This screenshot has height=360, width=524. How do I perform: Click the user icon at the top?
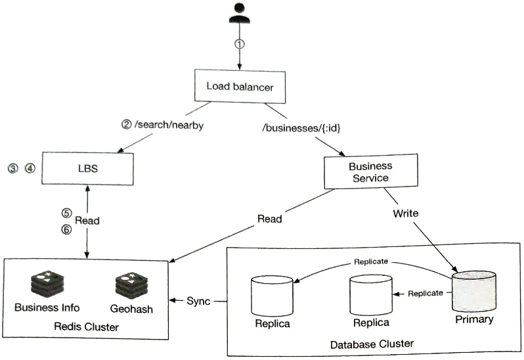(239, 14)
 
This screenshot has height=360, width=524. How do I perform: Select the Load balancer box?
(239, 86)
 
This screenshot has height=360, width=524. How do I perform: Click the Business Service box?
(370, 171)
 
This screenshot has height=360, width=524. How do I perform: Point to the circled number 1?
(240, 44)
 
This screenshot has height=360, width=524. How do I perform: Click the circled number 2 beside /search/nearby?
(127, 125)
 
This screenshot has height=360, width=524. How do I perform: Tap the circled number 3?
(12, 168)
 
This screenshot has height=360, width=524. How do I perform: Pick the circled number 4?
(29, 168)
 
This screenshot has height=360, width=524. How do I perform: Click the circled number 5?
(66, 213)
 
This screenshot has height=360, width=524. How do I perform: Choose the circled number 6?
(66, 229)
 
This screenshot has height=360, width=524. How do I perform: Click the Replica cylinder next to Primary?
(370, 295)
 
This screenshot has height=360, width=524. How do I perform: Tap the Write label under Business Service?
(405, 214)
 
